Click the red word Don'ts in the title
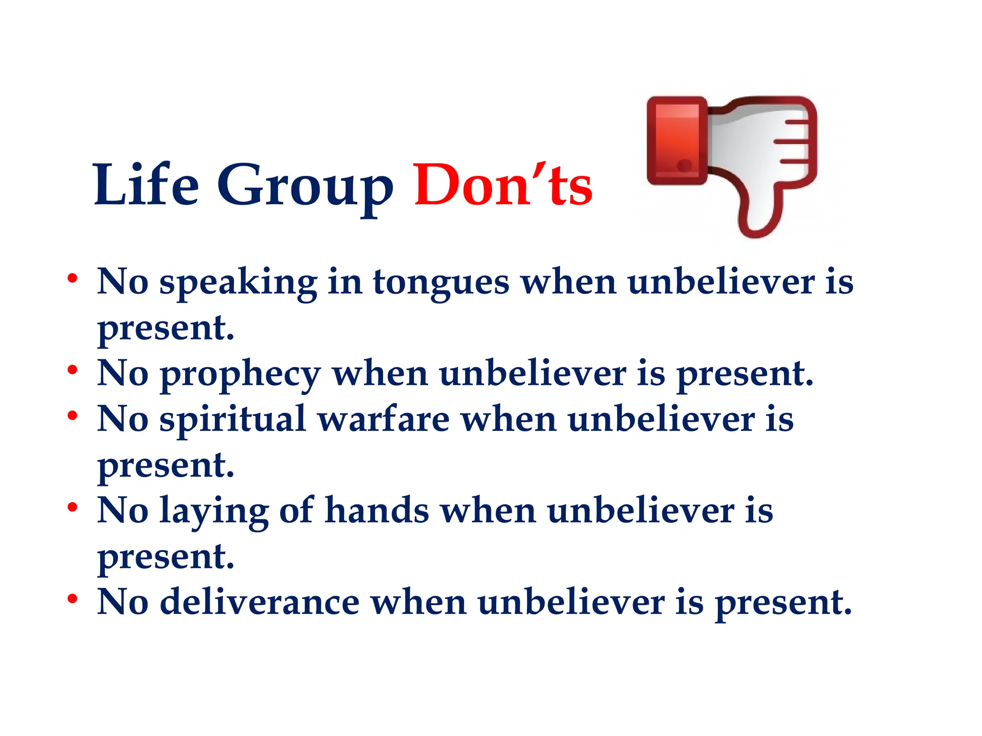tap(503, 186)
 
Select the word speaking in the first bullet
tap(238, 284)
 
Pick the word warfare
tap(383, 420)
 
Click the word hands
tap(377, 511)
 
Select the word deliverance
tap(259, 602)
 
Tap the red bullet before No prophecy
tap(72, 370)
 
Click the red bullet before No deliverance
tap(72, 598)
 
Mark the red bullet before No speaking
tap(72, 278)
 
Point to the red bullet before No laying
tap(72, 507)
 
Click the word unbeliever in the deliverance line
tap(571, 602)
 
